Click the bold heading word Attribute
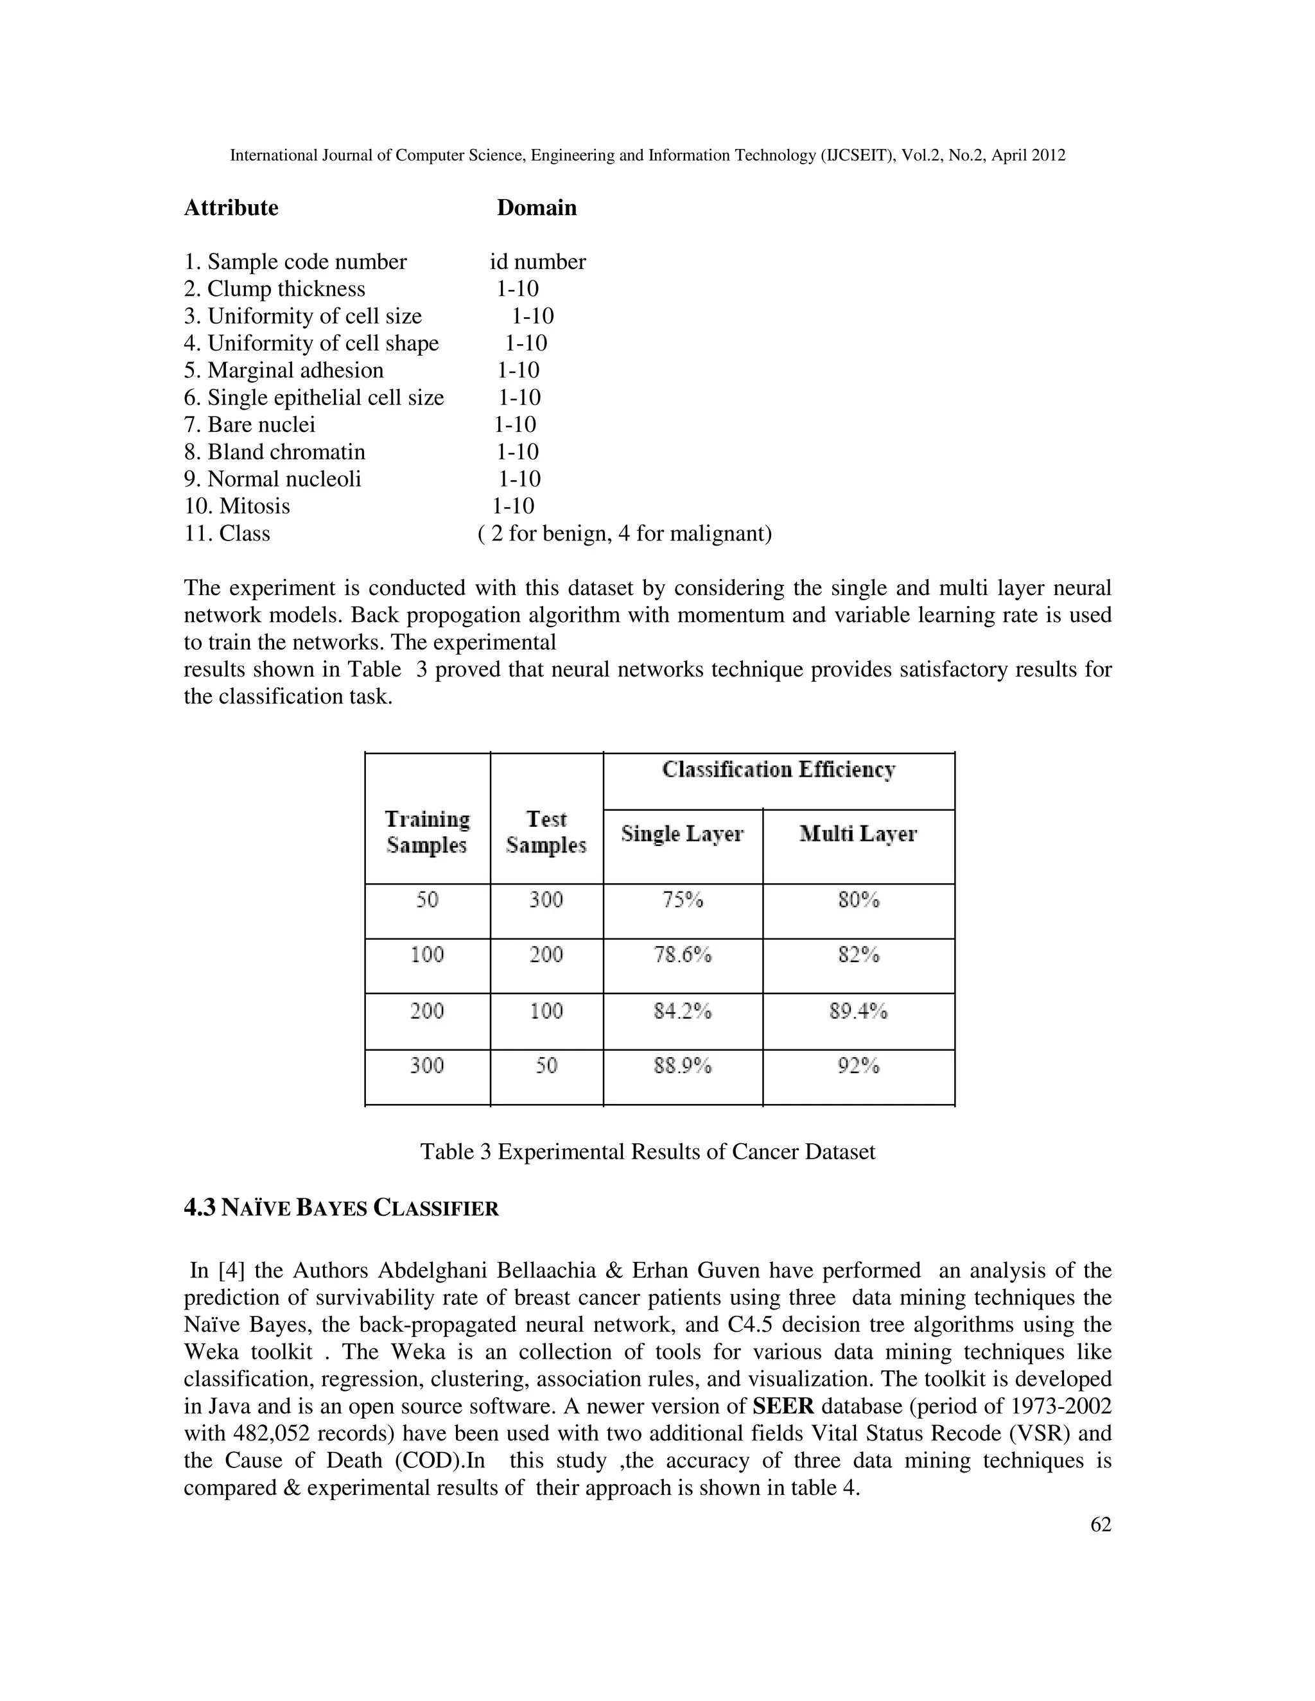pos(231,208)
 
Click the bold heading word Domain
pos(537,208)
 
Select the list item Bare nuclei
pos(249,424)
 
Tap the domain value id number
pos(537,262)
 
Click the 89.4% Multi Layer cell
pos(858,1011)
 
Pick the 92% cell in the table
pos(858,1066)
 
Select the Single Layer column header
pos(683,834)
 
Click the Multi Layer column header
pos(858,834)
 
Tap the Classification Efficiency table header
pos(779,770)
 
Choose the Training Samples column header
pos(428,832)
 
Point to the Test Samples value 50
pos(546,1066)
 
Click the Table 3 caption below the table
pos(647,1152)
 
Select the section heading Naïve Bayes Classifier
pos(341,1209)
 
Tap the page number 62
pos(1100,1525)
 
